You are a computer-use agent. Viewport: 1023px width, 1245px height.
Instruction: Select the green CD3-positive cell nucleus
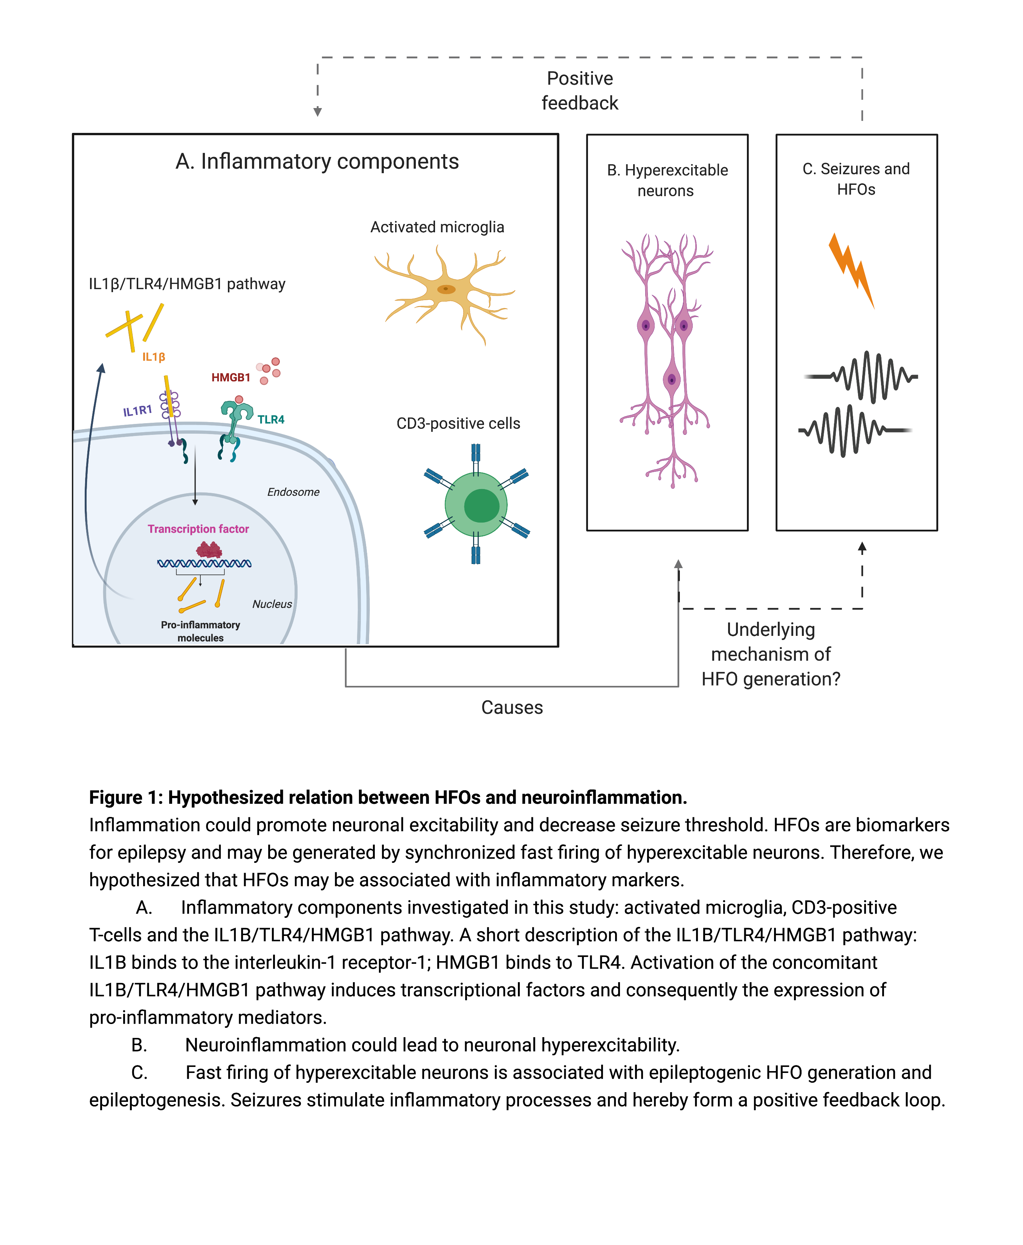tap(481, 506)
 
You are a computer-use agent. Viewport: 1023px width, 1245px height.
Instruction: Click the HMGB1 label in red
tap(231, 378)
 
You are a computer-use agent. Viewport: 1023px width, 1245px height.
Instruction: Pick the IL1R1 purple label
tap(137, 410)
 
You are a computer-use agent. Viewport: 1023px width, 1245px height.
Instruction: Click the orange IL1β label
tap(153, 357)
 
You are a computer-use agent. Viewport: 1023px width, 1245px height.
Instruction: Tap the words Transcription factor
tap(198, 529)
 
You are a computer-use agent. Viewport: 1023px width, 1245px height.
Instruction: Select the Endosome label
tap(293, 492)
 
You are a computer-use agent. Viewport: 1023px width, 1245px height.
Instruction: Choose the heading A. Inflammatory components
tap(317, 162)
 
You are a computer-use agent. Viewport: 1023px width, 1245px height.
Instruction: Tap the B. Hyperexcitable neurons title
tap(667, 180)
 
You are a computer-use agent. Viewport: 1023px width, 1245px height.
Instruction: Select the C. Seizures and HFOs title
tap(856, 179)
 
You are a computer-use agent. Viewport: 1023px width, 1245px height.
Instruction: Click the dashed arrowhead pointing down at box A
tap(318, 111)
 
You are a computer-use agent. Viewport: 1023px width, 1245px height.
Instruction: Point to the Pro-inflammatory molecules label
tap(200, 631)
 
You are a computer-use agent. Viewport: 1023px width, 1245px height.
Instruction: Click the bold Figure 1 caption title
tap(388, 797)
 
